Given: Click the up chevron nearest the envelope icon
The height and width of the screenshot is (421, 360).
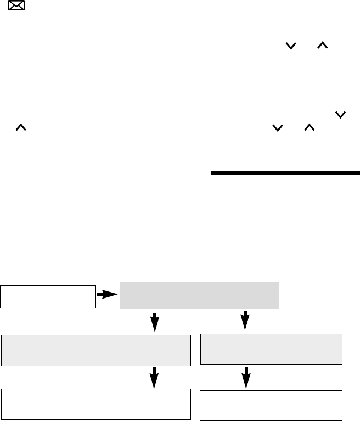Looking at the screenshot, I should (20, 127).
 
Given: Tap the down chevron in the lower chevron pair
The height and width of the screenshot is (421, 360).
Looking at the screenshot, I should (278, 127).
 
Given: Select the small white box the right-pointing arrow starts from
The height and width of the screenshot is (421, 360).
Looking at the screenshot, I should (48, 296).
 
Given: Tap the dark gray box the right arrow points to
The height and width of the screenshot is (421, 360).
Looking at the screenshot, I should (199, 295).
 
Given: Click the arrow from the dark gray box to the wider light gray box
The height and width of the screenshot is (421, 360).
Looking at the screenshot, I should (155, 322).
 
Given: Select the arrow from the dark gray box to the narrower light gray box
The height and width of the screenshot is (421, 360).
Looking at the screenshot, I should (245, 321).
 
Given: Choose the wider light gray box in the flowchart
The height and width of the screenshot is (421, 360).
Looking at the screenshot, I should (96, 350).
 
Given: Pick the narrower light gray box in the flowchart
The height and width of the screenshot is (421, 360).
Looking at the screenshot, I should (271, 349).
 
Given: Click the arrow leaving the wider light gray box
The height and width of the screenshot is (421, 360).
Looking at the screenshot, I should (155, 378).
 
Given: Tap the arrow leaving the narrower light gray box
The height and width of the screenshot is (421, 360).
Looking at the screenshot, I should (246, 378).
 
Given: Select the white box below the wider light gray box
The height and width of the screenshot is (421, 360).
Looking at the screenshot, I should (96, 404).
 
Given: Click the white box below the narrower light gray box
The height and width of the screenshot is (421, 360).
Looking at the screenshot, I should (271, 405).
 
